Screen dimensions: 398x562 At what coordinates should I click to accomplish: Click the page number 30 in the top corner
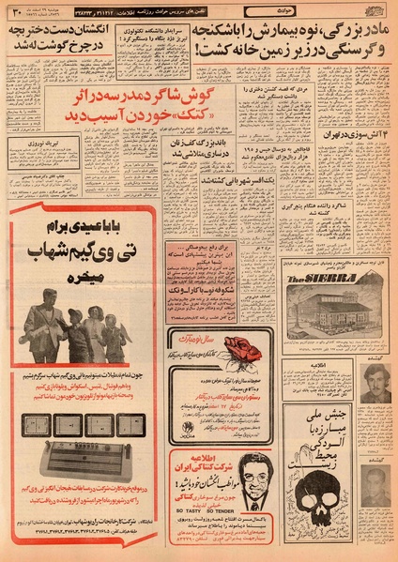pos(17,13)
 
